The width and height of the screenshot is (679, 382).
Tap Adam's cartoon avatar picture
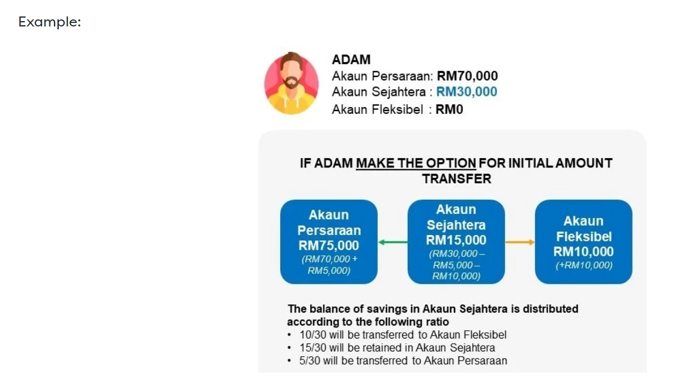pos(291,83)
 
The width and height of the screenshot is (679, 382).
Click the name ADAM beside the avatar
pos(351,59)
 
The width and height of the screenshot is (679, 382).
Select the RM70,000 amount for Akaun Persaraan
pos(467,76)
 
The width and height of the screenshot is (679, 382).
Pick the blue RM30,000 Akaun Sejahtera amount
pos(466,92)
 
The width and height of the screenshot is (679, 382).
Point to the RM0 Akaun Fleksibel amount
pos(449,109)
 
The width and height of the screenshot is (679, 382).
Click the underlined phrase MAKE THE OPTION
pos(416,163)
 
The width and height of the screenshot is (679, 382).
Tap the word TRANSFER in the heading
pos(456,179)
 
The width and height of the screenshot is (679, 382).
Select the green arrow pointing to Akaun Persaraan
pos(393,242)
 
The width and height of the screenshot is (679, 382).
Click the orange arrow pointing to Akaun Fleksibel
pos(520,242)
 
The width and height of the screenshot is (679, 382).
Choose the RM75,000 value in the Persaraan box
pos(329,245)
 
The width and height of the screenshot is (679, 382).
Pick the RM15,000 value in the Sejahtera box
pos(456,240)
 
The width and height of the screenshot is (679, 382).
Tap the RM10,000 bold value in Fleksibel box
pos(583,251)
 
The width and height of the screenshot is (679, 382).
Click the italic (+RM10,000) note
pos(584,265)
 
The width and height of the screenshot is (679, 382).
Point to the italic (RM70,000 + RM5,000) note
pos(329,264)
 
